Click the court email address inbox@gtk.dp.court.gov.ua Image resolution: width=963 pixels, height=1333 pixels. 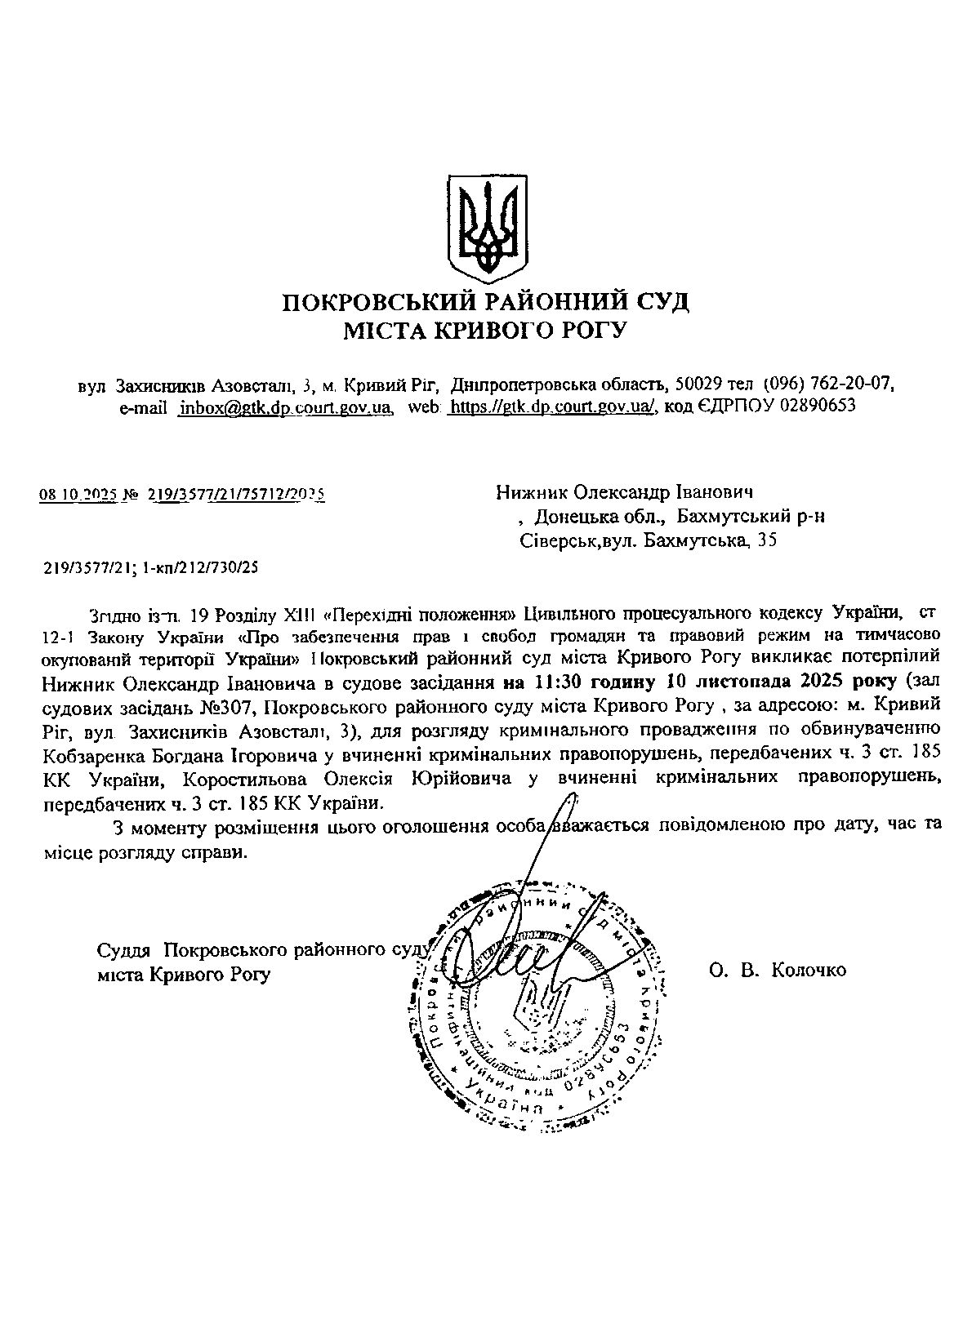pyautogui.click(x=286, y=407)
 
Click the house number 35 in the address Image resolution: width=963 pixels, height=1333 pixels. pyautogui.click(x=767, y=540)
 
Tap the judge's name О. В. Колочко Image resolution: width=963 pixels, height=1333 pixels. pyautogui.click(x=778, y=970)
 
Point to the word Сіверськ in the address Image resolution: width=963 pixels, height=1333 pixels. pyautogui.click(x=558, y=540)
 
